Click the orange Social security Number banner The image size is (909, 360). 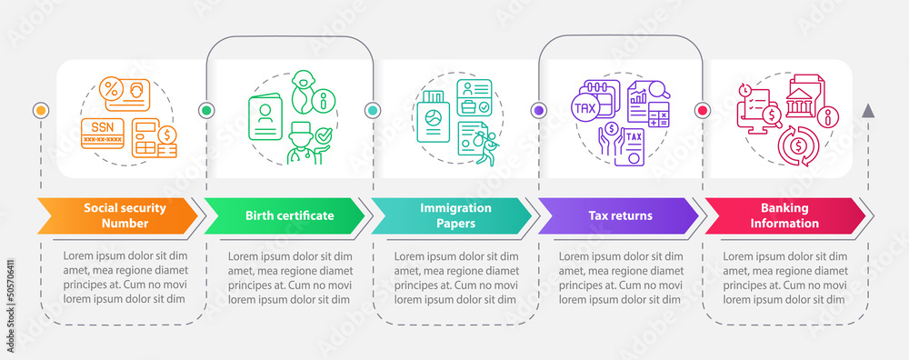118,215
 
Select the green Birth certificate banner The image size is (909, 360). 284,215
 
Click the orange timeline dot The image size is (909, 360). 40,110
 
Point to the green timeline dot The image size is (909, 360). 206,110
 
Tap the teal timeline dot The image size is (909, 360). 372,110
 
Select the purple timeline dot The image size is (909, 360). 538,110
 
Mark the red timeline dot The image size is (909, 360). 702,110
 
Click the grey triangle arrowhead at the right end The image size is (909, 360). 868,111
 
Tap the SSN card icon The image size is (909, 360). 103,134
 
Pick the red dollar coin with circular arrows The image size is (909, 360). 796,145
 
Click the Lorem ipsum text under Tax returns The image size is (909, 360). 620,277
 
